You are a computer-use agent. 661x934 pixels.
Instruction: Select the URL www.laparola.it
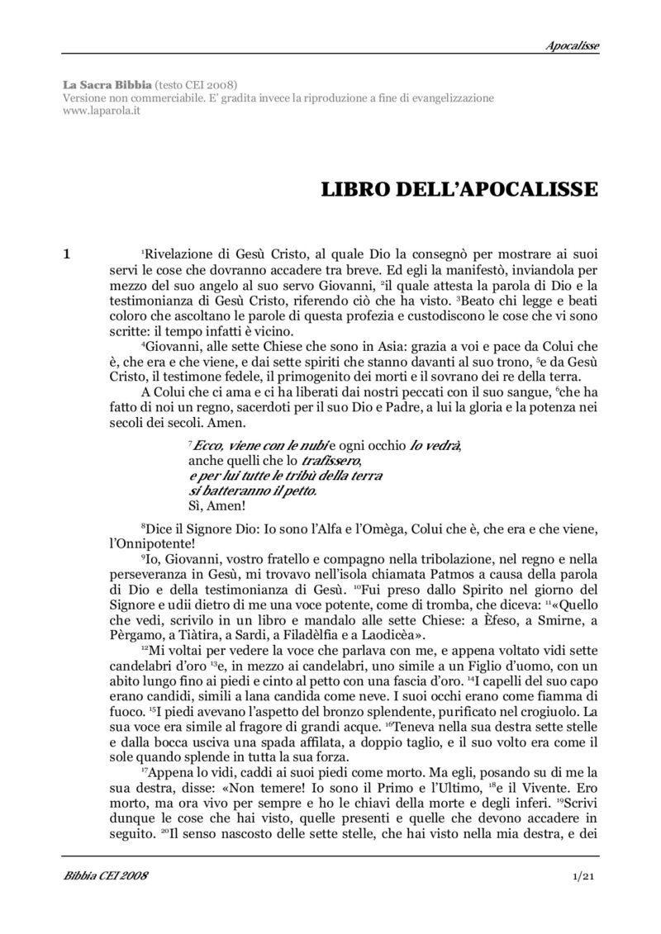click(101, 111)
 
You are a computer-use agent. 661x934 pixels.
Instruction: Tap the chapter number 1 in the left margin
click(67, 255)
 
